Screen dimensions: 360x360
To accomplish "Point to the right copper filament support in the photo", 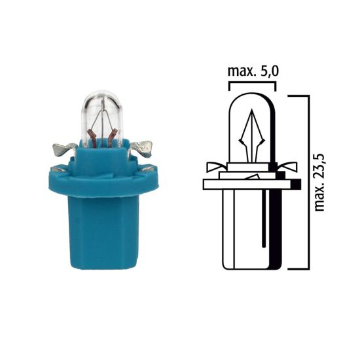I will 115,137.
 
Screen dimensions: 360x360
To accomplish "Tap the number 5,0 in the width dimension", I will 268,71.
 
